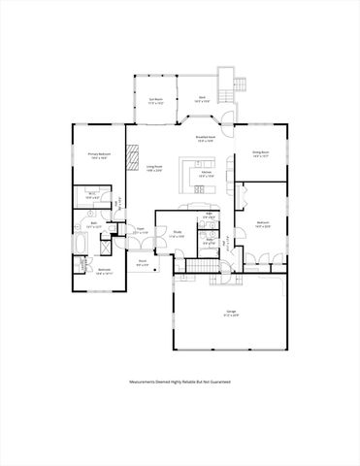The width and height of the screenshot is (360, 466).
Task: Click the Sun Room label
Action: pos(155,100)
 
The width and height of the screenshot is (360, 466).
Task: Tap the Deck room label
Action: pos(203,98)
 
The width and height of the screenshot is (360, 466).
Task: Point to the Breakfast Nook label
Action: pos(204,141)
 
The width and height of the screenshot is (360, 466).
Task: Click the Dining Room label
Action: pos(261,153)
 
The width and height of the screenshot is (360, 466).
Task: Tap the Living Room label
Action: pos(154,169)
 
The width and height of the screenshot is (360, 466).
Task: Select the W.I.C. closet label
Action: pos(95,196)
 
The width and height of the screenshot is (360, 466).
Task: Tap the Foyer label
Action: pos(140,232)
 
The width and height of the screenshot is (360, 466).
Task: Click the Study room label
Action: pos(179,235)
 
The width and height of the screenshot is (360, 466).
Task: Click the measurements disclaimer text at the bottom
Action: pos(180,383)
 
